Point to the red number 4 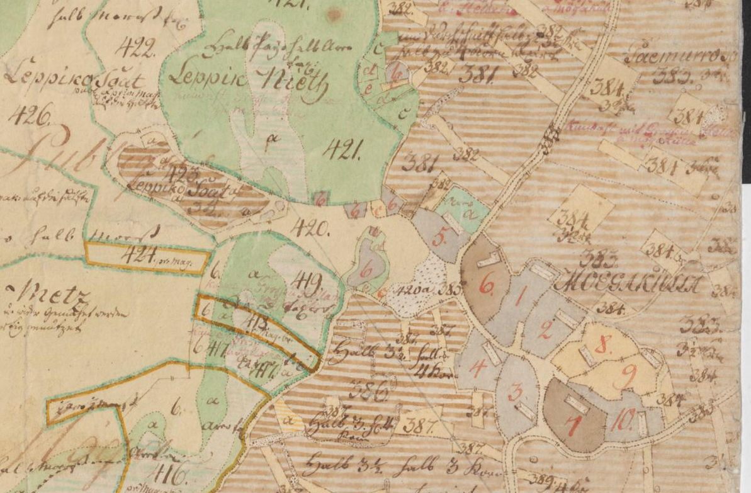pos(477,367)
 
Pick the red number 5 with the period pos(439,237)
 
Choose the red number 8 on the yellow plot pos(602,344)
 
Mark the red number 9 pos(628,377)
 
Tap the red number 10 pos(621,420)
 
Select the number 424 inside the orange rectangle pos(140,256)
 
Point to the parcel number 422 pos(135,47)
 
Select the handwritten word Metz pos(50,294)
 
